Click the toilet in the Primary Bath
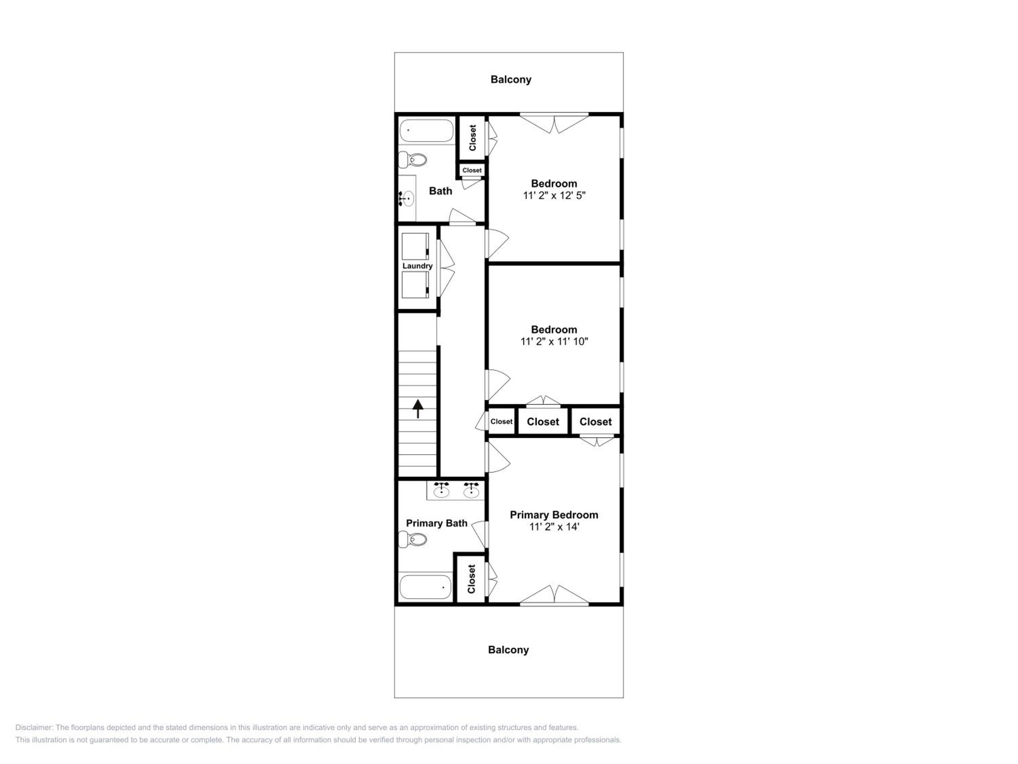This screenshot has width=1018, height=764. coord(413,539)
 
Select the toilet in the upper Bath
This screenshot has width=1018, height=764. coord(413,160)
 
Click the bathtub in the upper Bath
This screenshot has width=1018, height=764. coord(427,131)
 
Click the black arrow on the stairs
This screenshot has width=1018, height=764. coord(418,408)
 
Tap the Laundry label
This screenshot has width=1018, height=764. coord(417,266)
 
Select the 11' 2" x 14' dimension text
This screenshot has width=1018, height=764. coord(554,527)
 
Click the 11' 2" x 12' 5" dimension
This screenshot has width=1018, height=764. coord(554,195)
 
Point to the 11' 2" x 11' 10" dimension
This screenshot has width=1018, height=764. coord(554,341)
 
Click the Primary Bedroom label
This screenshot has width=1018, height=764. coord(554,515)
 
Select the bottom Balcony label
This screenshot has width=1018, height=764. coord(509,650)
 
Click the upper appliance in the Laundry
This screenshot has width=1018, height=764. coord(416,247)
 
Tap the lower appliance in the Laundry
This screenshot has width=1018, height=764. coord(416,285)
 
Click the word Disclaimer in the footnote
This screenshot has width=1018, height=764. coord(34,728)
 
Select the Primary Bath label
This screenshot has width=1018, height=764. coord(437,523)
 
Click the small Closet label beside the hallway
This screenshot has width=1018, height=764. coord(501,421)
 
